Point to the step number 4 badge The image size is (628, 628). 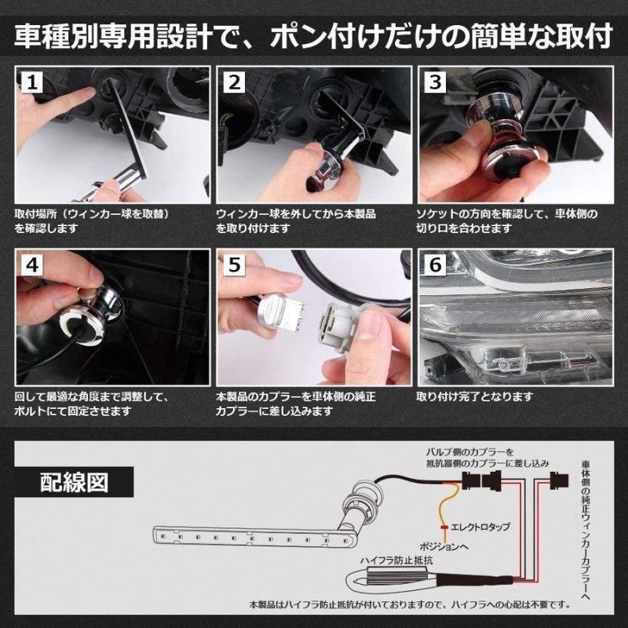click(x=32, y=267)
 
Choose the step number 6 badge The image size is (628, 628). click(x=436, y=267)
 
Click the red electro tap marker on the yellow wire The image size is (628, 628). click(x=445, y=526)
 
